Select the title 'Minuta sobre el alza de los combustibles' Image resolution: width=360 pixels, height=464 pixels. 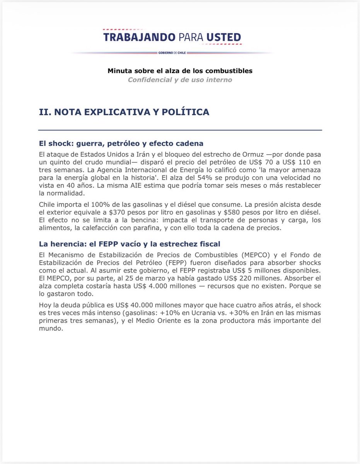tap(180, 71)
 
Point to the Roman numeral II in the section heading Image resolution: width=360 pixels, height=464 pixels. tap(44, 112)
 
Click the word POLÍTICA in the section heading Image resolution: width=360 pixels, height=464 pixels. tap(188, 112)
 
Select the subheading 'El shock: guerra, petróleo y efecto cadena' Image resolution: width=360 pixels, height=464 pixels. tap(121, 143)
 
